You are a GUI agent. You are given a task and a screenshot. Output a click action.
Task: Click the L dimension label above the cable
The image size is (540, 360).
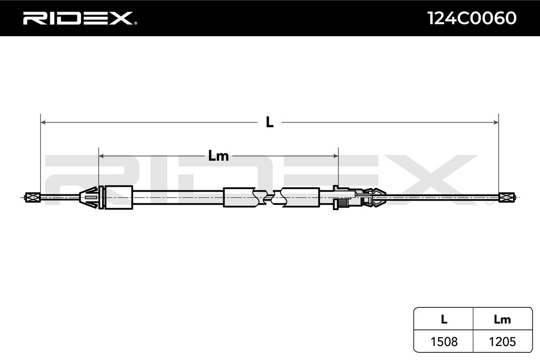[270, 122]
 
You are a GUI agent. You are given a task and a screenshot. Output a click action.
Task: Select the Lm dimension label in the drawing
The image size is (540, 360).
[219, 156]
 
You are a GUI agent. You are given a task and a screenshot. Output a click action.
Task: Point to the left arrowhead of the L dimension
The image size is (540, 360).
[43, 122]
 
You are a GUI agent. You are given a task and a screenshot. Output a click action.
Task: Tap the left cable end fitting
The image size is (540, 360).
[32, 197]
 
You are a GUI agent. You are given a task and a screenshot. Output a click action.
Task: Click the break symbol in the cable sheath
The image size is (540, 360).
[269, 197]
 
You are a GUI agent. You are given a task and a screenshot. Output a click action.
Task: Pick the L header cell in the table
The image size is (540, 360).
[444, 319]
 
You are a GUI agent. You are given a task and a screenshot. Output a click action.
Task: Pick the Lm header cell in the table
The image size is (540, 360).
[502, 319]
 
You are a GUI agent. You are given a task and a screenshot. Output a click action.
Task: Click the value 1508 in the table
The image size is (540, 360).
[444, 342]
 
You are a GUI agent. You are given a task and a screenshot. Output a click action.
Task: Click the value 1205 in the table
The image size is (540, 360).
[502, 342]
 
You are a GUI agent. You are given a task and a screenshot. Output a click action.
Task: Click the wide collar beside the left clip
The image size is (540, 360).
[118, 197]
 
